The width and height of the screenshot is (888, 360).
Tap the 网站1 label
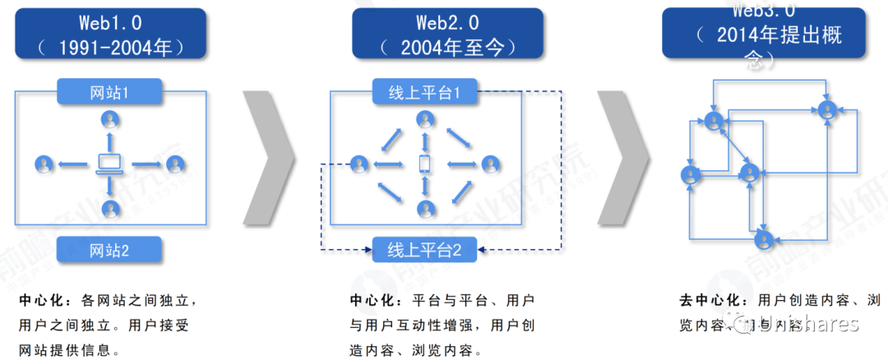click(109, 92)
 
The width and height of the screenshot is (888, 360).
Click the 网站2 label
click(109, 250)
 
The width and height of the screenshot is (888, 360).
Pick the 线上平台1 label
click(425, 92)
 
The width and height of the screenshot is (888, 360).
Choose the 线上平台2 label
click(425, 250)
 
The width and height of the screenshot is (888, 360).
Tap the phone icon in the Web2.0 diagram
click(425, 164)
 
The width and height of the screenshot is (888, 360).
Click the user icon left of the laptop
click(44, 164)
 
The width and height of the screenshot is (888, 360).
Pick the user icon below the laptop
click(109, 208)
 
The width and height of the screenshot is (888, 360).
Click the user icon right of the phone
click(491, 164)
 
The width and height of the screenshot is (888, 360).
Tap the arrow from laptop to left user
click(74, 164)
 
